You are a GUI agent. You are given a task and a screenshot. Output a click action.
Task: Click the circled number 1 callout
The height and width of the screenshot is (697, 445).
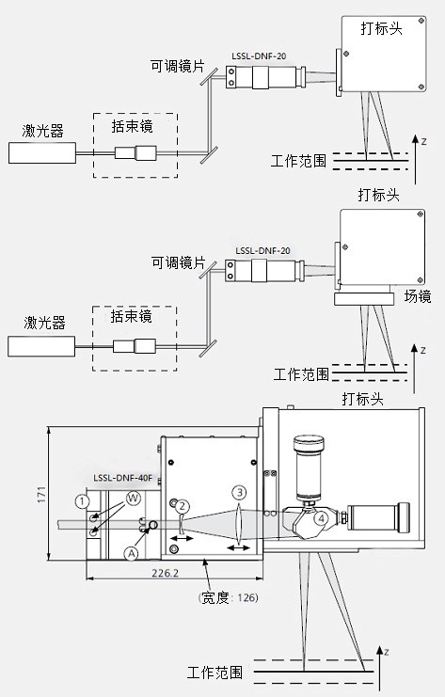click(x=82, y=502)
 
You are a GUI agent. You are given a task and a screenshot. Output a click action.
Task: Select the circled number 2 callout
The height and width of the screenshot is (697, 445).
click(x=183, y=506)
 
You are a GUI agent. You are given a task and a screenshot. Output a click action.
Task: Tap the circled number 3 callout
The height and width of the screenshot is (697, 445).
click(x=239, y=493)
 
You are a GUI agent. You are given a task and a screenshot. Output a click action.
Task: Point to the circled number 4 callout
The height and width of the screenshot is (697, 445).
click(x=321, y=518)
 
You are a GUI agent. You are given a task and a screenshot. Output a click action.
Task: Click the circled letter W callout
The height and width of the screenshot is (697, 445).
click(x=133, y=498)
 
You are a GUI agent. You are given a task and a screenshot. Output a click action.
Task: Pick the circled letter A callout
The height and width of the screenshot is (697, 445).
click(x=132, y=553)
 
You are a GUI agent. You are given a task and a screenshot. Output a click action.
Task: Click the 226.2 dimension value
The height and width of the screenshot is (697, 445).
click(x=165, y=573)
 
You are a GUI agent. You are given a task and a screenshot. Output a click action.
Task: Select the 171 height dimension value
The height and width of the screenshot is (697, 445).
click(x=41, y=495)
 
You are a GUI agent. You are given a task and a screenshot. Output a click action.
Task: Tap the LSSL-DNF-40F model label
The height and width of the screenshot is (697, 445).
click(x=122, y=478)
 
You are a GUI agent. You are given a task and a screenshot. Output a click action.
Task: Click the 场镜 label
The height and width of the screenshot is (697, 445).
click(x=418, y=296)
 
